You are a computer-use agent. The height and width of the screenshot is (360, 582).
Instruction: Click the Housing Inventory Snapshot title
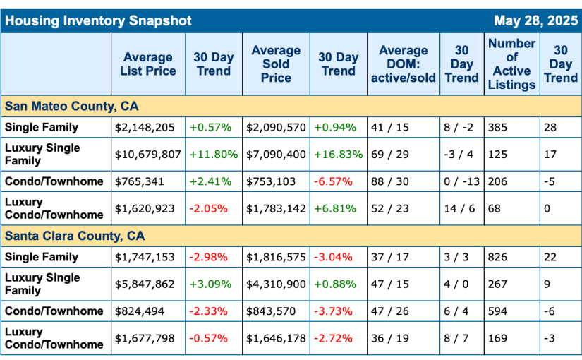tap(98, 20)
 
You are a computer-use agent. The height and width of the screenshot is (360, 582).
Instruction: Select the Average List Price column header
tap(148, 64)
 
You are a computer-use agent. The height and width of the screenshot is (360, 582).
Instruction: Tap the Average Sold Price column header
tap(276, 64)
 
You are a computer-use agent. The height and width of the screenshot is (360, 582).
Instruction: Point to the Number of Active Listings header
tap(511, 64)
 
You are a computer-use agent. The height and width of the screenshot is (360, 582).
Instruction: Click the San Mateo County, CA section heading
tap(72, 107)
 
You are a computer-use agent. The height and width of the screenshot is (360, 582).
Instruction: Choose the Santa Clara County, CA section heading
tap(75, 236)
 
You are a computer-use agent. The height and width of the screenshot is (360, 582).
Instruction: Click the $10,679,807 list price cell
tap(148, 154)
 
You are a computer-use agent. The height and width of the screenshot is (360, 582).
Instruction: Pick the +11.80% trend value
tap(214, 154)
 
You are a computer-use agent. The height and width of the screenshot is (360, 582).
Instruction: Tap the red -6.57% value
tap(332, 181)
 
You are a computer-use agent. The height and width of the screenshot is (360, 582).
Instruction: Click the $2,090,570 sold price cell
tap(276, 128)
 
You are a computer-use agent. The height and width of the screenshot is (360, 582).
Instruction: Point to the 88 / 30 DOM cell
tap(389, 181)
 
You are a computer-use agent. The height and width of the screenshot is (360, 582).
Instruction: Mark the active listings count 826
tap(497, 257)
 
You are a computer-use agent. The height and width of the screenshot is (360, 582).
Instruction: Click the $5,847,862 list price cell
tap(145, 284)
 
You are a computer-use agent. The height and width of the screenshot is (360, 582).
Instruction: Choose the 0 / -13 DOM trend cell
tap(462, 181)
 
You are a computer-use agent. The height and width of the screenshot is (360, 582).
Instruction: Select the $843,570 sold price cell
tap(271, 311)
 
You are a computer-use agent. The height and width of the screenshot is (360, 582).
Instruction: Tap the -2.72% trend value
tap(332, 338)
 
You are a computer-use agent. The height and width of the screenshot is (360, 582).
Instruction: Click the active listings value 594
tap(497, 311)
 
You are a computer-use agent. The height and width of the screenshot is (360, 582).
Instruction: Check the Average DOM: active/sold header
tap(403, 64)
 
